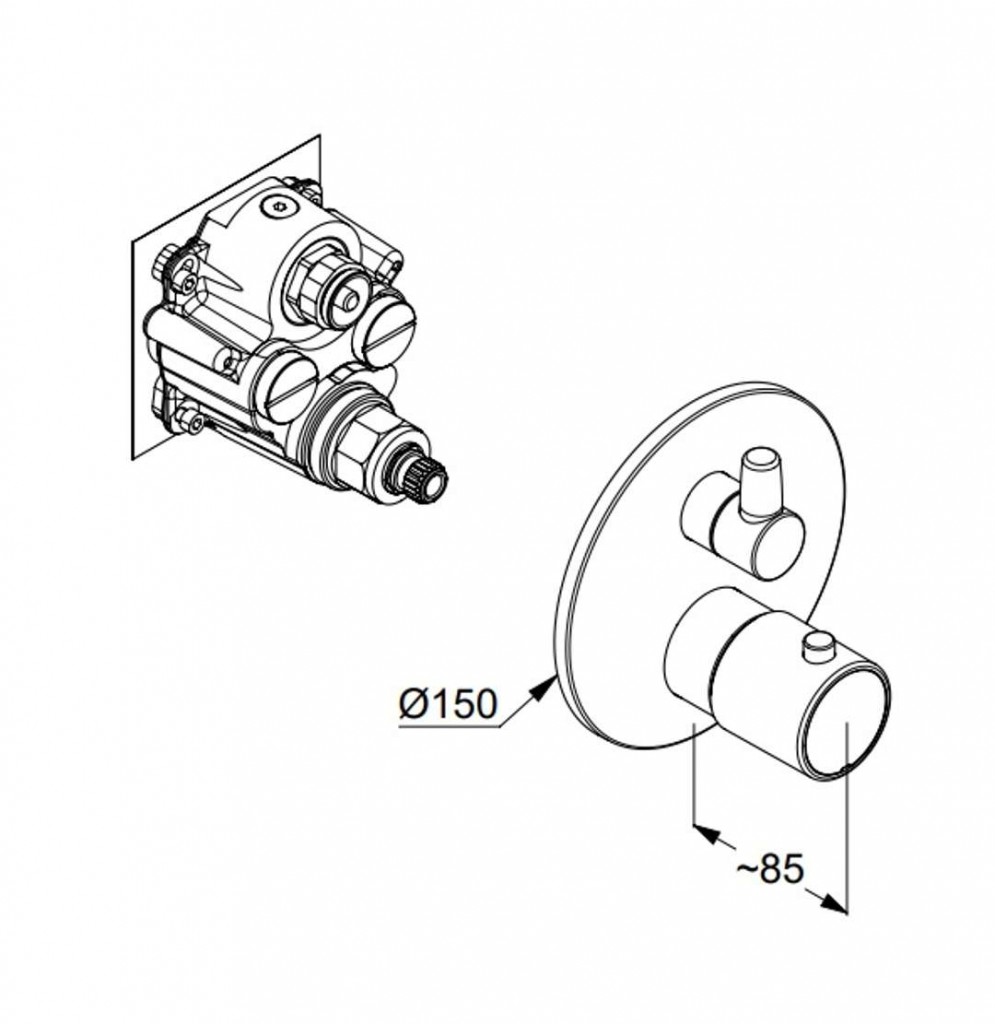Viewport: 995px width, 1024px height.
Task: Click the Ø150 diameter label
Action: coord(447,704)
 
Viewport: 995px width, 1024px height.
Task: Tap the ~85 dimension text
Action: coord(770,868)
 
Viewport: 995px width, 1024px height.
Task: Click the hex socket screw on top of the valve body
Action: coord(277,208)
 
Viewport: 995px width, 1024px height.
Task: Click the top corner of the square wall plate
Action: coord(318,139)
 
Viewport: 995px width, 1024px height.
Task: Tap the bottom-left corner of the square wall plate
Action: coord(133,458)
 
